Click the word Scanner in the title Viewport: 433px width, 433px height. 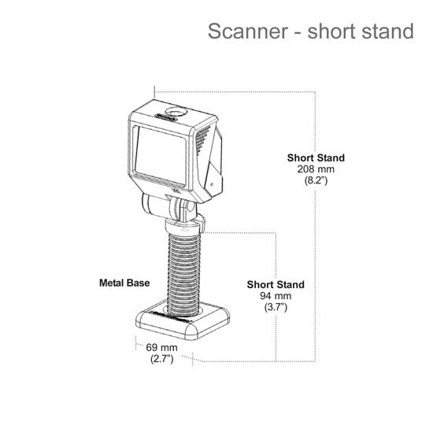tap(248, 31)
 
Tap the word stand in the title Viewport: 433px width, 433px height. tap(387, 31)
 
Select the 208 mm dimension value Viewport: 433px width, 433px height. tap(316, 169)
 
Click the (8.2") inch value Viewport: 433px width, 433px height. tap(316, 180)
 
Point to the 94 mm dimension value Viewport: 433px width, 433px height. tap(276, 296)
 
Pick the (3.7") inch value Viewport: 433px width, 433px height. tap(276, 307)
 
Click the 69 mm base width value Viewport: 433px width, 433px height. tap(161, 347)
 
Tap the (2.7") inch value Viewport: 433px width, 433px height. tap(162, 359)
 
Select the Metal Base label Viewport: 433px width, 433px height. tap(124, 283)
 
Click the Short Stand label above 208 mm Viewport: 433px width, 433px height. tap(316, 157)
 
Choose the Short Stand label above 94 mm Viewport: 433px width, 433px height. tap(276, 284)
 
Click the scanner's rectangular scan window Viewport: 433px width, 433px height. tap(160, 155)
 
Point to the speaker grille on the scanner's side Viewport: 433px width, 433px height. tap(202, 140)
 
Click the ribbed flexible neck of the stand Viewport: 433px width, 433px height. tap(183, 274)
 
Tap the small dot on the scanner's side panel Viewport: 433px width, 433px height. tap(212, 184)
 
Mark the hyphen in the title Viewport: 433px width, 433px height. tap(298, 32)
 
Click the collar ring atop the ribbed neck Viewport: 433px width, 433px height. tap(184, 226)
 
